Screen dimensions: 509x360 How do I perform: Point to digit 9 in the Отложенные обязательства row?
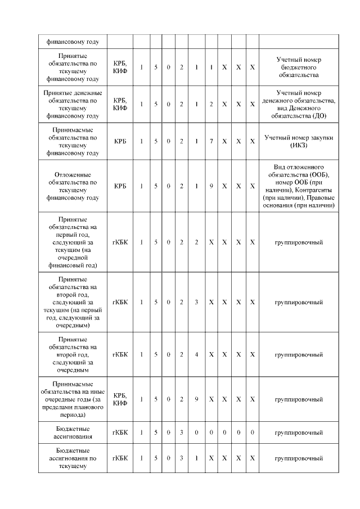point(211,186)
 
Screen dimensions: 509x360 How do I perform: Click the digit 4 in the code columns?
point(196,355)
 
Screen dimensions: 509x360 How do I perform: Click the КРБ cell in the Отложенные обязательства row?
point(120,186)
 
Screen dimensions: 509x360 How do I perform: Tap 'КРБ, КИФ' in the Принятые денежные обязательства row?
point(120,104)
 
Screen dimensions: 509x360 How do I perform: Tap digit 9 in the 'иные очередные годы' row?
point(196,399)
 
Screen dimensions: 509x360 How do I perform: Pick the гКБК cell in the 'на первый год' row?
point(120,242)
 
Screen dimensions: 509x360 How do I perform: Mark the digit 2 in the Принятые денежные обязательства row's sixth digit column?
point(211,104)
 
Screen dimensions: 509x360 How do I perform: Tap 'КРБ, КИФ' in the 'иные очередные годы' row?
point(120,399)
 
